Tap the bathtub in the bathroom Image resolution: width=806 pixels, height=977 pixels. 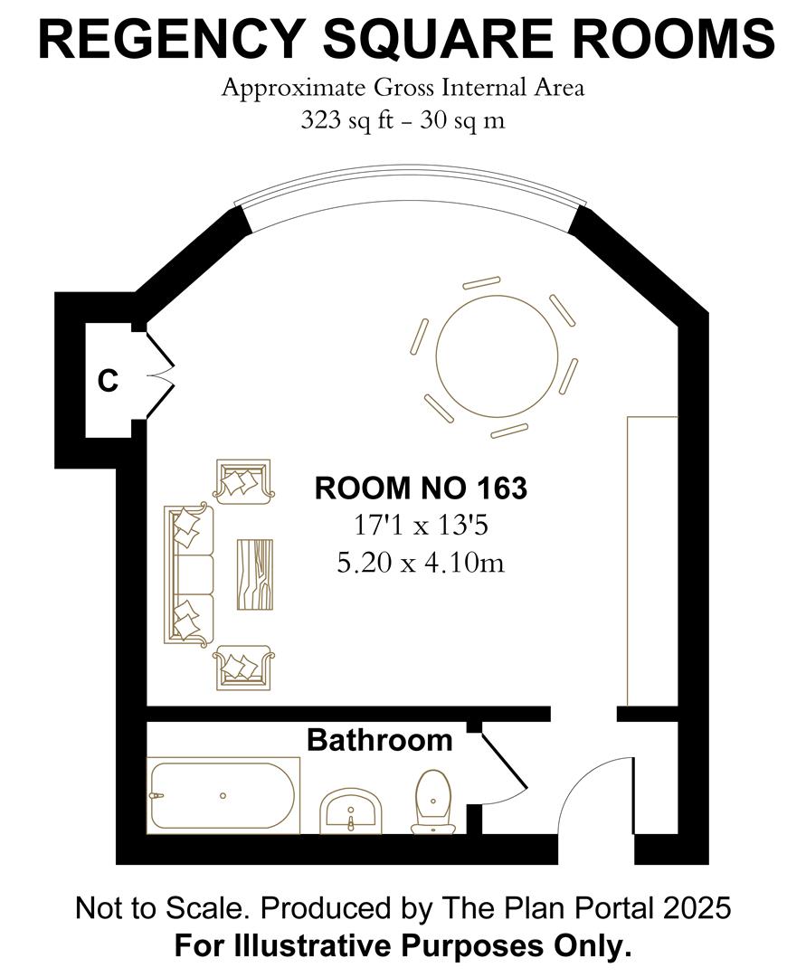click(x=223, y=795)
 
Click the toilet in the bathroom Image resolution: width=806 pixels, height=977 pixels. click(x=434, y=802)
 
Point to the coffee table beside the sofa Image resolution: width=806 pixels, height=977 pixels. click(x=254, y=574)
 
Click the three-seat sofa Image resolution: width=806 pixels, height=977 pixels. click(x=188, y=574)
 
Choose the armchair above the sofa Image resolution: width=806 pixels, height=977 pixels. click(x=242, y=481)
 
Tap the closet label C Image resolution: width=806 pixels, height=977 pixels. click(x=108, y=382)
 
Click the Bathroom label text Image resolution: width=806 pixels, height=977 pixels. click(x=379, y=740)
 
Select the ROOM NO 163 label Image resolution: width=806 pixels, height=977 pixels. click(x=420, y=488)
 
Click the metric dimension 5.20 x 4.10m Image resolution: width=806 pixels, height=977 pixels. click(x=420, y=563)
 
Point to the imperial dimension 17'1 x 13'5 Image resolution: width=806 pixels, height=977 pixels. click(x=420, y=526)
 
